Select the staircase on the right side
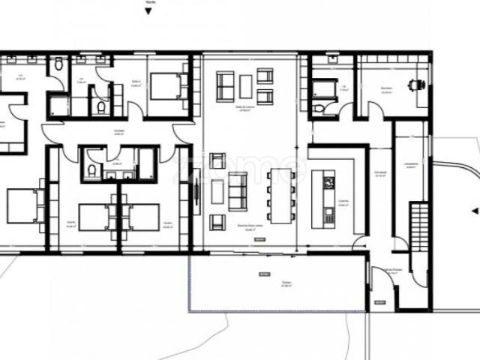[x=418, y=229]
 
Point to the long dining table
[x=280, y=196]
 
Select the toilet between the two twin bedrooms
[x=91, y=172]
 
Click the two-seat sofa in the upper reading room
[x=225, y=86]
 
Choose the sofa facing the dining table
[x=238, y=190]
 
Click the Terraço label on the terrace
[x=286, y=283]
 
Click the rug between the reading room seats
[x=246, y=86]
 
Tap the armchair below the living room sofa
[x=217, y=221]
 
